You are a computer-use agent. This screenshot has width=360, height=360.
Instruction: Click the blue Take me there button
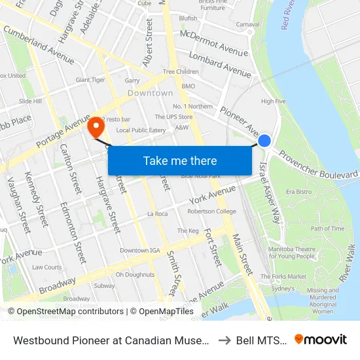click(180, 160)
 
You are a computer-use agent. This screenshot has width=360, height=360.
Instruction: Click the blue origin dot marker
click(264, 140)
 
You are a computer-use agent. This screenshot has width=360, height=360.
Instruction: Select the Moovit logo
click(321, 339)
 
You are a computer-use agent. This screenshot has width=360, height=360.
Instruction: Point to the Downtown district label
click(151, 93)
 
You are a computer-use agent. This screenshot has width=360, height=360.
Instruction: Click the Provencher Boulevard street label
click(319, 166)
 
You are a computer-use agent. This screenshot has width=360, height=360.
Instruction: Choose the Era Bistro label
click(298, 192)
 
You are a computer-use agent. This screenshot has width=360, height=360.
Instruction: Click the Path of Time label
click(327, 228)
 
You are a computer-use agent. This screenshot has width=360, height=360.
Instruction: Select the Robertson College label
click(211, 211)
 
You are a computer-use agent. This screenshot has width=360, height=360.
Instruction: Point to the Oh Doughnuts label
click(134, 274)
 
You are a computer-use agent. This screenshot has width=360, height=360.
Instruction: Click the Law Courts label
click(46, 267)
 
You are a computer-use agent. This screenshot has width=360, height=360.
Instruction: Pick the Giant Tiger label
click(90, 80)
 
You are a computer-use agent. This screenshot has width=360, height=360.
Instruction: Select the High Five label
click(274, 101)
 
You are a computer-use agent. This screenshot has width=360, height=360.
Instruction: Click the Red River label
click(286, 14)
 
